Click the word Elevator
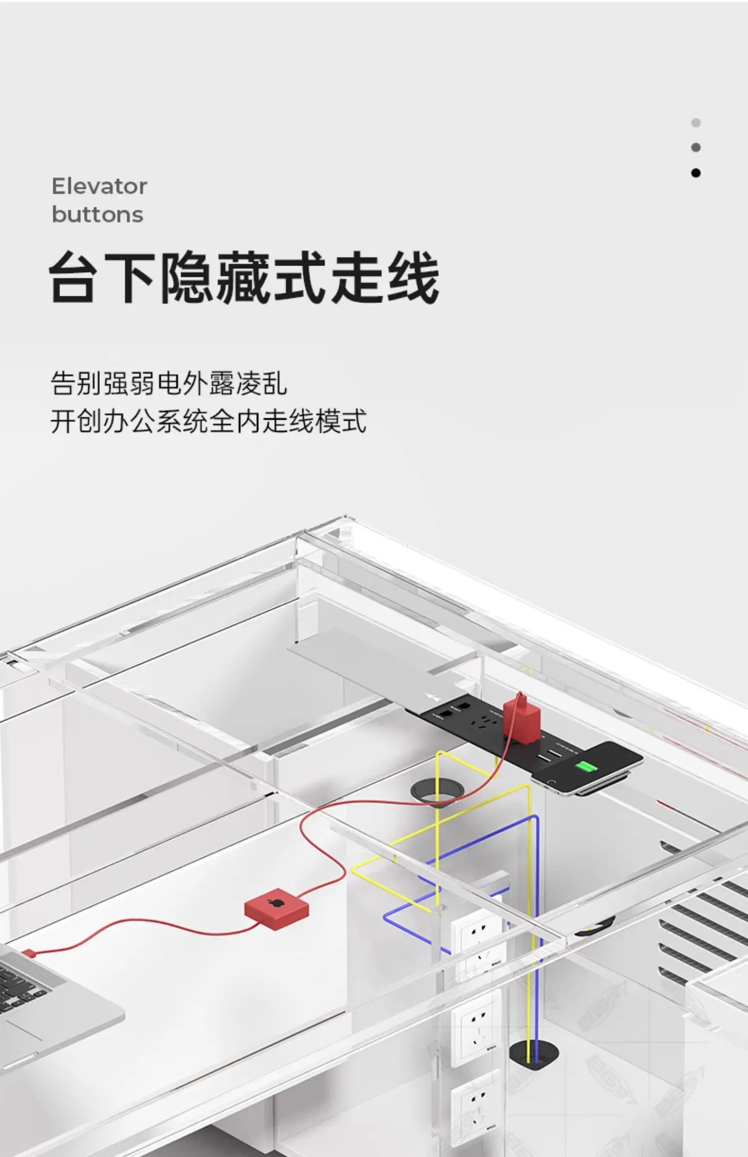[99, 186]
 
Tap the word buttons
[97, 215]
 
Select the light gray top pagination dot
[696, 123]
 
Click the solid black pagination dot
[696, 173]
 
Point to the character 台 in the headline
[73, 277]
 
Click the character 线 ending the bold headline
[413, 277]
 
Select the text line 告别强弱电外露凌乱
[169, 383]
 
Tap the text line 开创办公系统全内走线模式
[208, 421]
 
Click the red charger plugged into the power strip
[521, 717]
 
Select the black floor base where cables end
[533, 1052]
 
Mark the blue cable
[537, 897]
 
